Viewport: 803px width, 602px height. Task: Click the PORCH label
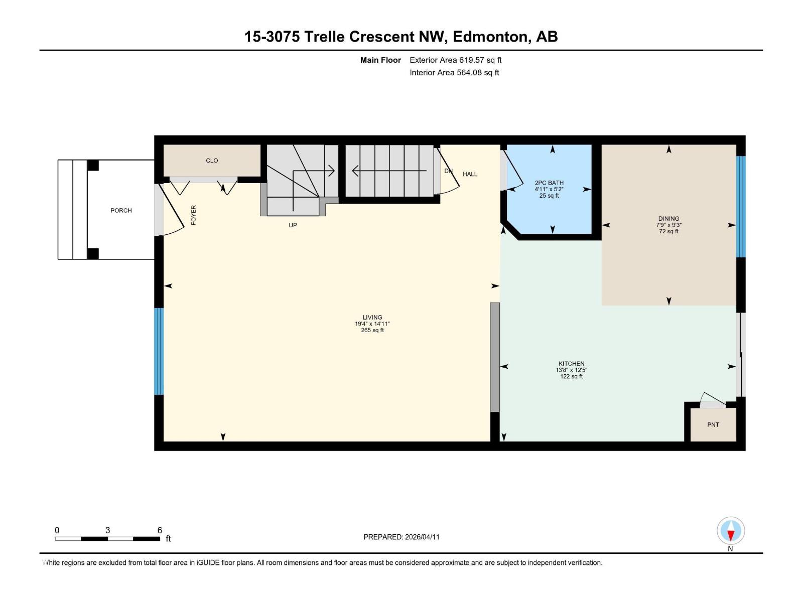pyautogui.click(x=121, y=210)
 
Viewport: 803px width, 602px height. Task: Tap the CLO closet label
pyautogui.click(x=212, y=161)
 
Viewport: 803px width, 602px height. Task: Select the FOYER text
pyautogui.click(x=194, y=215)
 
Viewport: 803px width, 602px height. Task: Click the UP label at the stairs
pyautogui.click(x=293, y=225)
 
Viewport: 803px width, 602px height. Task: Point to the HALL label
pyautogui.click(x=470, y=174)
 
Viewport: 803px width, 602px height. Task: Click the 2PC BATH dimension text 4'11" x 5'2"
pyautogui.click(x=549, y=189)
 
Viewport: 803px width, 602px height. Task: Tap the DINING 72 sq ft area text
pyautogui.click(x=668, y=231)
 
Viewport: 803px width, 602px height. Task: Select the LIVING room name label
pyautogui.click(x=372, y=317)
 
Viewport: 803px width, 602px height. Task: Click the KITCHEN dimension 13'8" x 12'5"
pyautogui.click(x=571, y=370)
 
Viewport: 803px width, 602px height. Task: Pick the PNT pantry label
pyautogui.click(x=713, y=424)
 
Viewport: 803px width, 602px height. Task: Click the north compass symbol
pyautogui.click(x=731, y=531)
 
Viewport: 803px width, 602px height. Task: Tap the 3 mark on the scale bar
pyautogui.click(x=107, y=530)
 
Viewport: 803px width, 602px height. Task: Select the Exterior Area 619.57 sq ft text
pyautogui.click(x=455, y=60)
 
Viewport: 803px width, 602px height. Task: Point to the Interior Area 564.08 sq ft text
pyautogui.click(x=454, y=72)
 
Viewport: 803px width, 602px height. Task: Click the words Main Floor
pyautogui.click(x=380, y=60)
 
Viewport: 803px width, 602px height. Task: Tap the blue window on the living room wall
pyautogui.click(x=159, y=351)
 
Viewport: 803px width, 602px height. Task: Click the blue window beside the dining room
pyautogui.click(x=740, y=207)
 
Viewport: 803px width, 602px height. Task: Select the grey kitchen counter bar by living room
pyautogui.click(x=495, y=357)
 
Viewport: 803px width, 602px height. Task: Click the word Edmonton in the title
pyautogui.click(x=490, y=37)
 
